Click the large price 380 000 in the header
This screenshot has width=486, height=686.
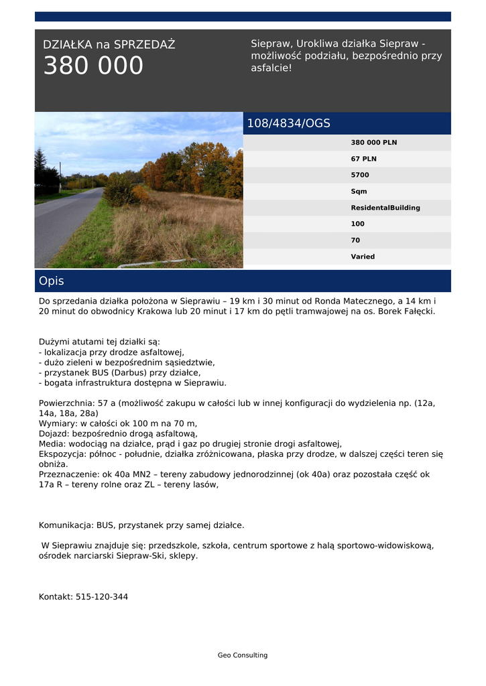[93, 66]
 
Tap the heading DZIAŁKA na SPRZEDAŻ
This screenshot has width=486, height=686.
[109, 45]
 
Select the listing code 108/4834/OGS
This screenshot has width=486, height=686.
[288, 123]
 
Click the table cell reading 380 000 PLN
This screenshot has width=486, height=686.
[373, 143]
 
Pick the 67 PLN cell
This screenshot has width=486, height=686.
[363, 159]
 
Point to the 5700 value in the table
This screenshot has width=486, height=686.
[360, 175]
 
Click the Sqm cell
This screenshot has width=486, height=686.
[359, 192]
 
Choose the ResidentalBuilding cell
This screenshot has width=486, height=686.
[385, 208]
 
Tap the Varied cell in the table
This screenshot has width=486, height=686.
[363, 257]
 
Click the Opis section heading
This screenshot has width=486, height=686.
[51, 281]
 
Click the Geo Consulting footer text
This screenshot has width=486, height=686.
[243, 655]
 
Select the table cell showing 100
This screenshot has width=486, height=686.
[357, 224]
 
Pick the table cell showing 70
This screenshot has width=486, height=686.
[355, 241]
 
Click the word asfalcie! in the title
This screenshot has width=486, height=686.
[271, 68]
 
